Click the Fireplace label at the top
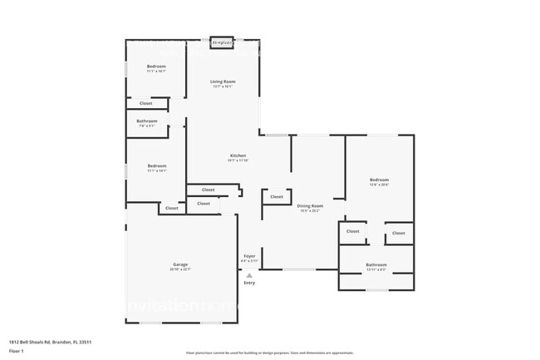(222, 42)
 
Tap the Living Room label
(223, 81)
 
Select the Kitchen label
(238, 155)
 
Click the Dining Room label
(310, 205)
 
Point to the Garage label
(180, 264)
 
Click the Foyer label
(248, 256)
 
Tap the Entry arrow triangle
(248, 275)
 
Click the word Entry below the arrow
(248, 284)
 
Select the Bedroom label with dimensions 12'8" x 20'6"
(379, 180)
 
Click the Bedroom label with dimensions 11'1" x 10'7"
(157, 66)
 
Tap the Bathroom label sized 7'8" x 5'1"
(147, 121)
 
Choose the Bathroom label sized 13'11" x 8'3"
(376, 265)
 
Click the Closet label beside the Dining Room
(276, 197)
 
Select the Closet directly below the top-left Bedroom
(145, 103)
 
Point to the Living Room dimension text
(223, 86)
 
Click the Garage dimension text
(180, 269)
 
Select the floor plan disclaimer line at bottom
(269, 353)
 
